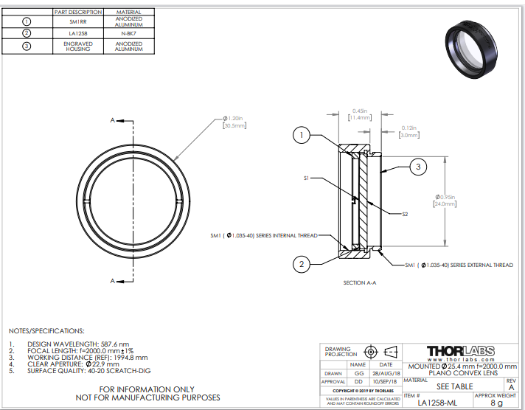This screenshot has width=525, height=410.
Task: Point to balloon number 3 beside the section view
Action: coord(417,168)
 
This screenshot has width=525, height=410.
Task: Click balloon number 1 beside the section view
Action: coord(301,135)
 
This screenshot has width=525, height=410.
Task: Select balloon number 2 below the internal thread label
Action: coord(301,263)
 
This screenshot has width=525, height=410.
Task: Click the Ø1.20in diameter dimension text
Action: coord(234,120)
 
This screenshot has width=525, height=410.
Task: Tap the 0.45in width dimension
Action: coord(360,114)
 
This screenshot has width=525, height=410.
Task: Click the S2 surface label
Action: coord(405,215)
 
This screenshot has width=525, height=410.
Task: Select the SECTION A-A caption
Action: coord(361,283)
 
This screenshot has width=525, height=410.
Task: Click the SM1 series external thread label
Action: coord(459,265)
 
